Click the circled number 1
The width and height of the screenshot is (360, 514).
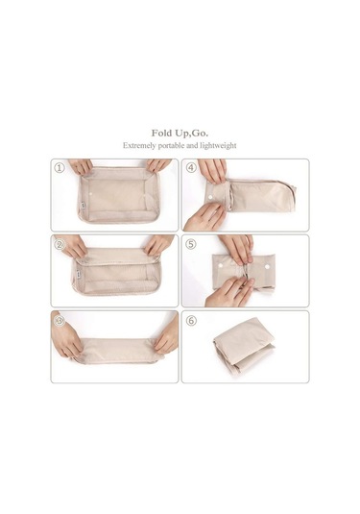(60, 168)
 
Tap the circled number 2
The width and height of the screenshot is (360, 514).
(60, 244)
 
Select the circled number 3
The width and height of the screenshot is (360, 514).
(60, 321)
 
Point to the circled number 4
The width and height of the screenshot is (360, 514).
(191, 168)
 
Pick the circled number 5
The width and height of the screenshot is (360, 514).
(191, 244)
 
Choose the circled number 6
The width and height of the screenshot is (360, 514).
(191, 321)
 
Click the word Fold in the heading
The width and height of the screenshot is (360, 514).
(160, 134)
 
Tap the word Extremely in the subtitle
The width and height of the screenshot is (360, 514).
(139, 145)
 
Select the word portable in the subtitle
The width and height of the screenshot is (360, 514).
(171, 145)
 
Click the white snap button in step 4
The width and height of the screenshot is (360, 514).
(209, 197)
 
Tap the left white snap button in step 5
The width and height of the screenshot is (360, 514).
(221, 264)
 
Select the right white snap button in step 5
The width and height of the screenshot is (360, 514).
(267, 267)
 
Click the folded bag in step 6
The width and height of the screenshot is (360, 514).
(244, 348)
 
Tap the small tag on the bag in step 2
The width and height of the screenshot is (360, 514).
(79, 272)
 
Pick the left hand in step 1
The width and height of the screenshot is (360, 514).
(81, 166)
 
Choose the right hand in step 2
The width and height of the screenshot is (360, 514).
(158, 244)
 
